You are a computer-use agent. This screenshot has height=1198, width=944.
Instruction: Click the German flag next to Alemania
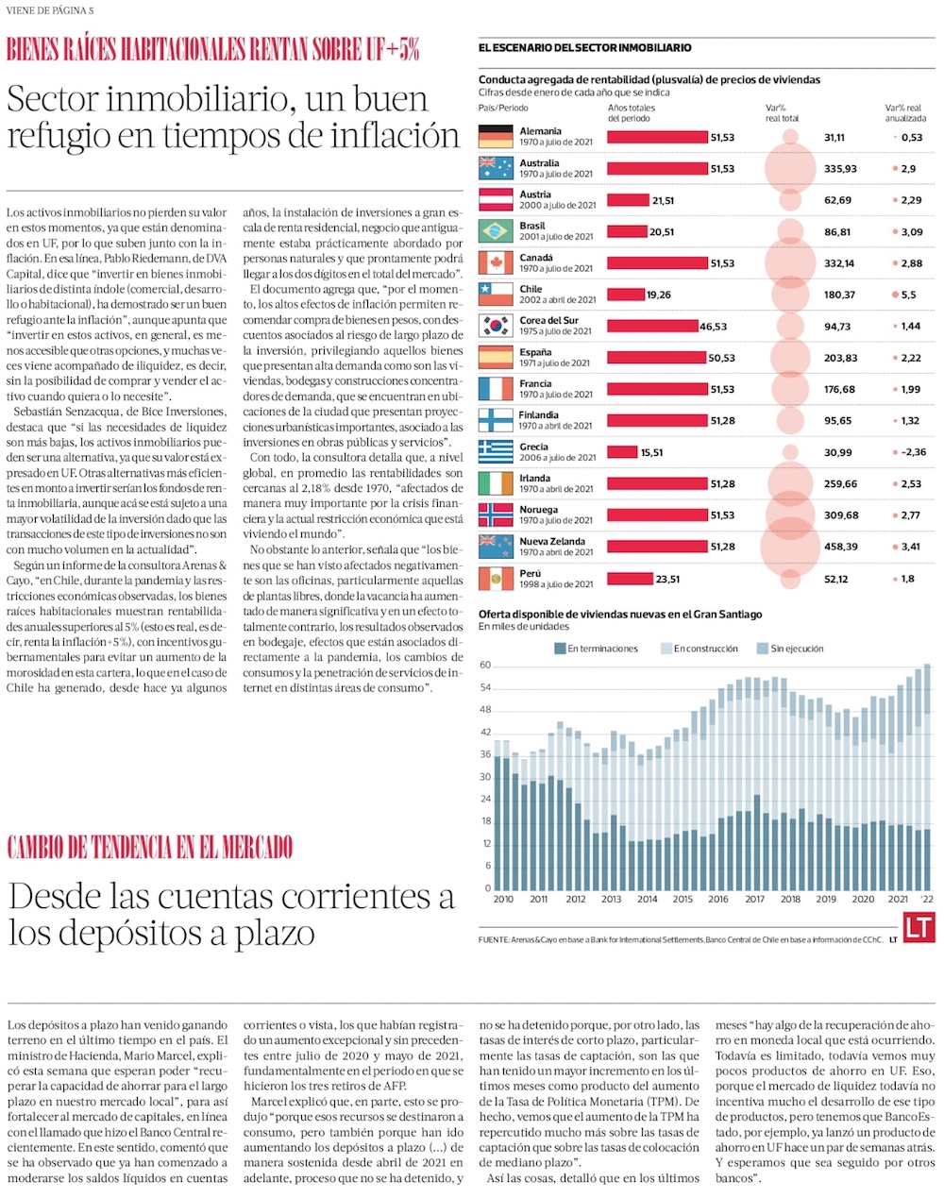click(x=496, y=137)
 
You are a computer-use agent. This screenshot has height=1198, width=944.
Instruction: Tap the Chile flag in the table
click(x=496, y=295)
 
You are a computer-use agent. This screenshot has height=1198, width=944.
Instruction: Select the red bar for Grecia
click(x=621, y=452)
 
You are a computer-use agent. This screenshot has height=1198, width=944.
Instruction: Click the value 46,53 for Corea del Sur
click(x=713, y=327)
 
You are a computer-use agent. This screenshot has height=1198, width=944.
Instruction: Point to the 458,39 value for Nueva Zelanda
click(x=840, y=547)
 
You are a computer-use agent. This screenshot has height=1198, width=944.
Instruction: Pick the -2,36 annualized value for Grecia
click(x=911, y=452)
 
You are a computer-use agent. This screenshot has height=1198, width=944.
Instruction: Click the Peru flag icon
click(x=496, y=579)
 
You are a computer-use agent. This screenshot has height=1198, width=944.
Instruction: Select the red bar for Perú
click(x=630, y=579)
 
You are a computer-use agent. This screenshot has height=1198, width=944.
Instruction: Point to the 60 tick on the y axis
click(x=485, y=666)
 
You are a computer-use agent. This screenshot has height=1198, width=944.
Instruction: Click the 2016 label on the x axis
click(x=718, y=899)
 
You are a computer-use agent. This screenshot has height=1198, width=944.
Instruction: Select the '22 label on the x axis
click(x=927, y=899)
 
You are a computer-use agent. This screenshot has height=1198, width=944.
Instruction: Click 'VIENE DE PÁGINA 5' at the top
click(x=50, y=10)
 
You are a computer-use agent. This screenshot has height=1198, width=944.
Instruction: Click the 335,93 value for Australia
click(x=840, y=169)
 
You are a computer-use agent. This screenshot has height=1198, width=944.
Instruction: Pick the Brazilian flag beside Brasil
click(x=496, y=231)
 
